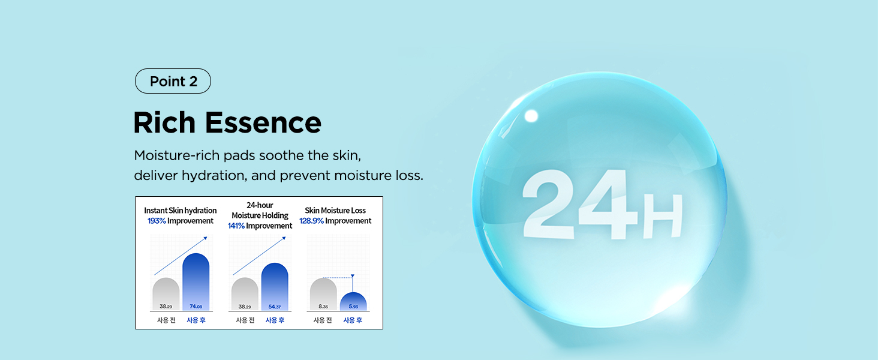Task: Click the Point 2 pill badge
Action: [x=173, y=81]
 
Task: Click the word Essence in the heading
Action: [x=263, y=123]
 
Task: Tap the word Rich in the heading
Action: [x=164, y=122]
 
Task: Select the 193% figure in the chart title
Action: [x=157, y=221]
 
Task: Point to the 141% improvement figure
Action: [x=236, y=226]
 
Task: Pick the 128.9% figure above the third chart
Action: [x=312, y=221]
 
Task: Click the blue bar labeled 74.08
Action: [x=196, y=282]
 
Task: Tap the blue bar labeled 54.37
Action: [x=275, y=287]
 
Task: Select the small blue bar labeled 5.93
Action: [x=353, y=302]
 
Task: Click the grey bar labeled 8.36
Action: [x=323, y=294]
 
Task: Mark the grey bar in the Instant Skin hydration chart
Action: [x=166, y=294]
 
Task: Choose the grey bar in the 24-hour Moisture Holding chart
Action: [x=245, y=294]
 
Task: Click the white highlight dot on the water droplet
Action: [x=531, y=116]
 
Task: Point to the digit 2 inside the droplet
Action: [x=549, y=204]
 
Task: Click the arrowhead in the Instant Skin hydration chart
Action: [x=205, y=238]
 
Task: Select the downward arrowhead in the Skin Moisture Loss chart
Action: [x=353, y=276]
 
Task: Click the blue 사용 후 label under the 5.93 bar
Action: [x=353, y=320]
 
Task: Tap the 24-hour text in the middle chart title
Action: [x=260, y=205]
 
